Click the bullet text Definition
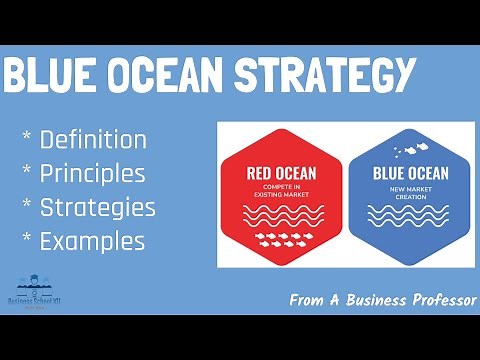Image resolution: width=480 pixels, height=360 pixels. [93, 139]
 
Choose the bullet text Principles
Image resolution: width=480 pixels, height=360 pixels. [92, 173]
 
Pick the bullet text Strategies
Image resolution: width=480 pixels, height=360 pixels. [97, 207]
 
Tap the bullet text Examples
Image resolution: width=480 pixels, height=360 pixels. [92, 241]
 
